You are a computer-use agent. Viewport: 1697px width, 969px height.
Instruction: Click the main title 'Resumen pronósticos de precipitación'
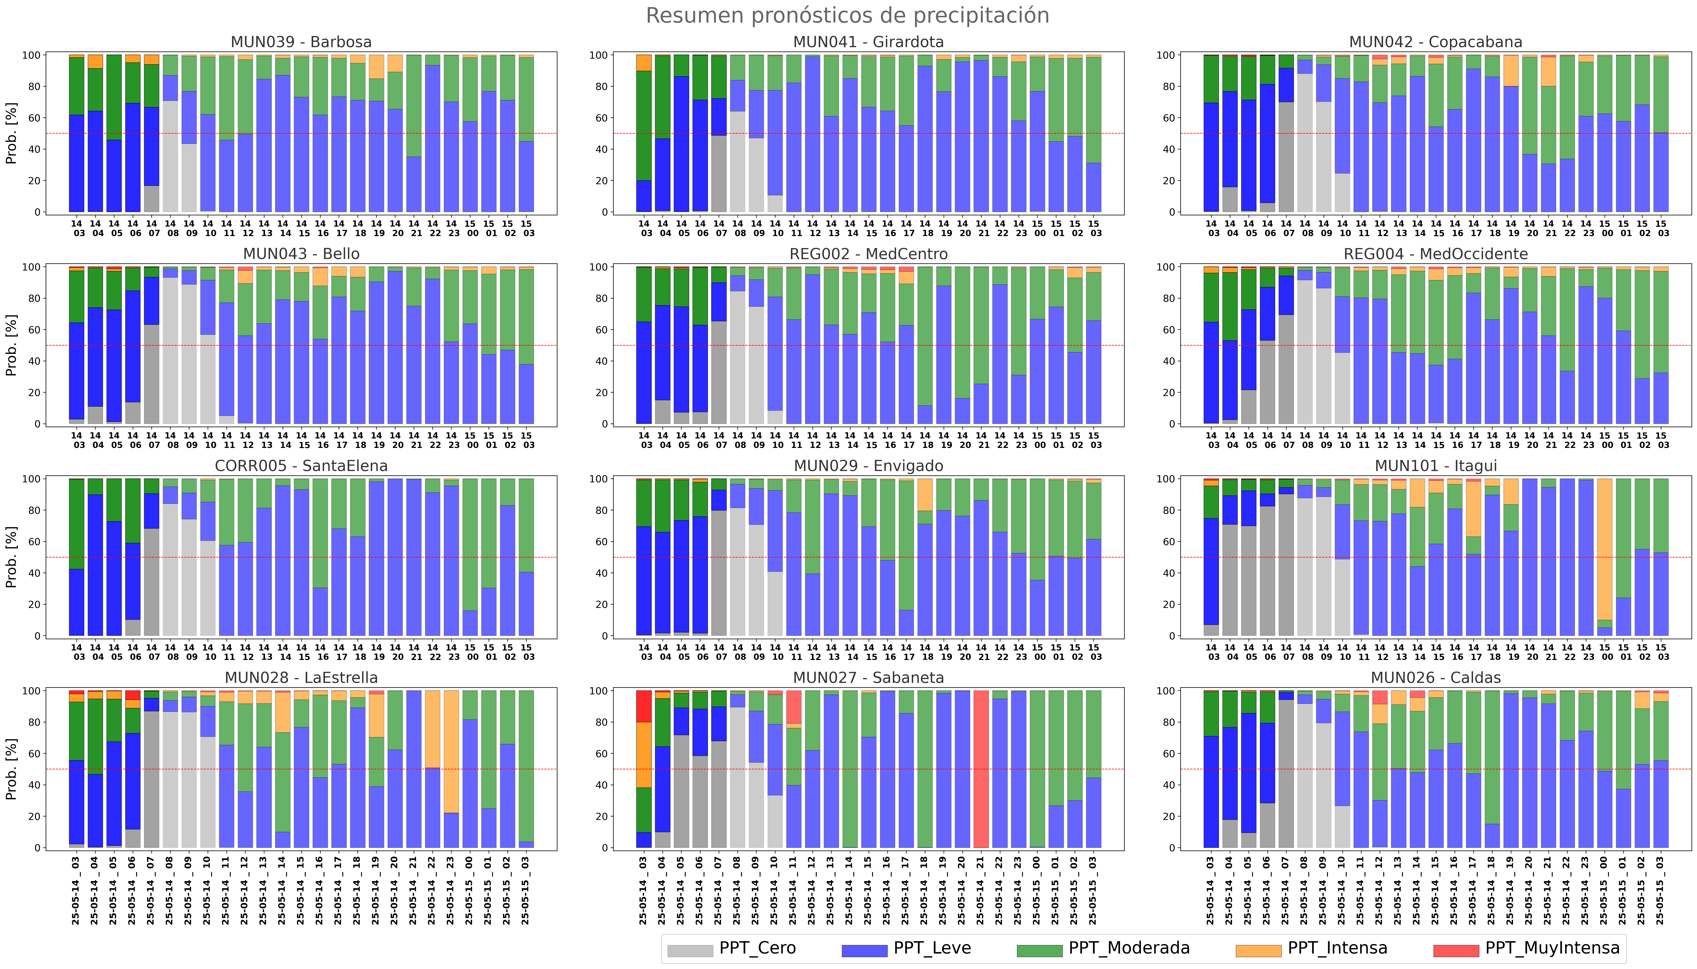click(x=847, y=15)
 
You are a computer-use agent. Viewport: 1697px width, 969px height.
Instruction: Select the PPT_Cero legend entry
click(x=732, y=948)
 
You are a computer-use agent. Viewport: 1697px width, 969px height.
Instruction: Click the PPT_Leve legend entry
click(x=906, y=948)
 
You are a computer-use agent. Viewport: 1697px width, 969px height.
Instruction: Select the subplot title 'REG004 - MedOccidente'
click(x=1435, y=254)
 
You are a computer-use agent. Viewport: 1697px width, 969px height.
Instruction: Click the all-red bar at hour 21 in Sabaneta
click(x=981, y=769)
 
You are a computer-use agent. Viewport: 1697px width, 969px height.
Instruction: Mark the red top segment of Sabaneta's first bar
click(x=643, y=706)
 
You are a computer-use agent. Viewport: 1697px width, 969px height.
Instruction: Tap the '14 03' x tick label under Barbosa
click(x=76, y=228)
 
